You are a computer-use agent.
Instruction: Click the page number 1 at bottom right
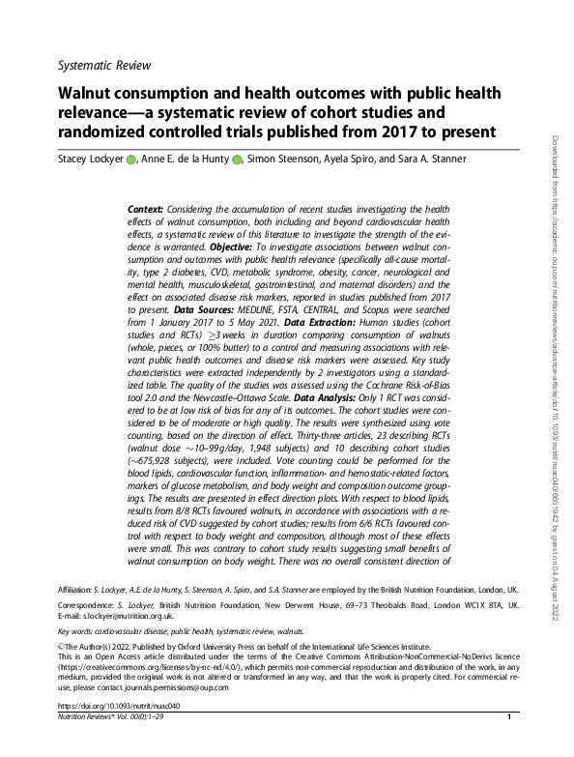pyautogui.click(x=508, y=745)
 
